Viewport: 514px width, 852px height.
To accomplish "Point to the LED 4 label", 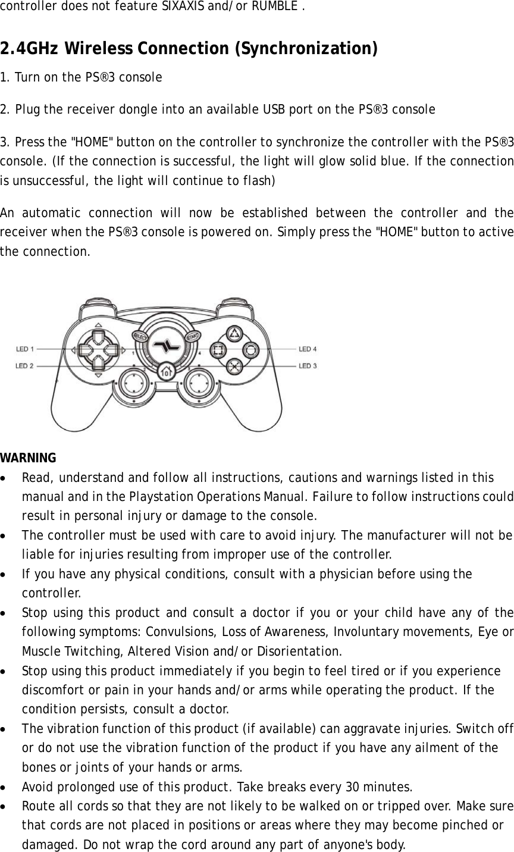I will [x=308, y=349].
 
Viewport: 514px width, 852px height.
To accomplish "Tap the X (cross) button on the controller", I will [x=235, y=366].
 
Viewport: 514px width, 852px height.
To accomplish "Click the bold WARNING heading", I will [x=28, y=458].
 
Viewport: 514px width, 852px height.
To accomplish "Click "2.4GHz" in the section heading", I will [x=31, y=48].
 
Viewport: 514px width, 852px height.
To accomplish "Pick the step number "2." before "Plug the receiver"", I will [x=5, y=110].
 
